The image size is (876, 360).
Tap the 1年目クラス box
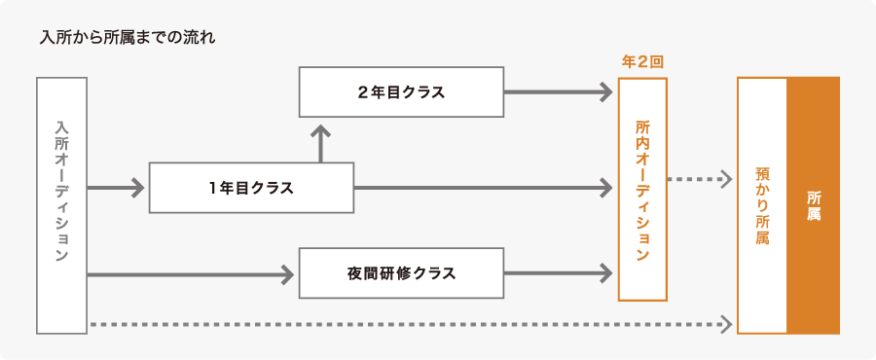point(251,188)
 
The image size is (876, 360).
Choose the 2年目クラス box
point(401,91)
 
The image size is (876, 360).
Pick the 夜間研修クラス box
point(401,273)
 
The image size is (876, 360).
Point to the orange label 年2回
point(642,61)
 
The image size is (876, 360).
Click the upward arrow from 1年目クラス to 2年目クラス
point(320,144)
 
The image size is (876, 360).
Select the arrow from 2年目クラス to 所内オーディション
point(559,91)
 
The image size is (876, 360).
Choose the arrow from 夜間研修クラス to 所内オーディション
point(559,273)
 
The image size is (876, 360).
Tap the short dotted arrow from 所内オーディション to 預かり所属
point(699,179)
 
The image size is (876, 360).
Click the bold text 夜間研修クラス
point(401,273)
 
